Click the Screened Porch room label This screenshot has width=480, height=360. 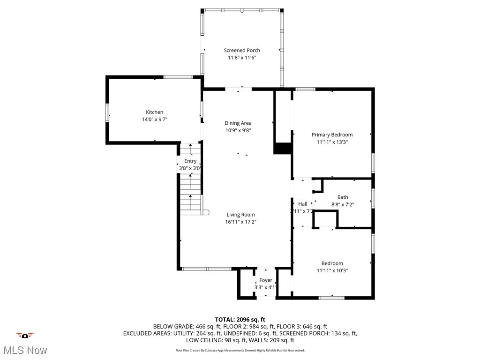pyautogui.click(x=242, y=50)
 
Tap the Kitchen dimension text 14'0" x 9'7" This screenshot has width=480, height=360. pyautogui.click(x=154, y=120)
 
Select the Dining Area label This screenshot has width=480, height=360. pyautogui.click(x=238, y=123)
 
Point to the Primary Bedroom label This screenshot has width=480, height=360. pyautogui.click(x=332, y=135)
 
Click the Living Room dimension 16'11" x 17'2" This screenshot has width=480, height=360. pyautogui.click(x=241, y=222)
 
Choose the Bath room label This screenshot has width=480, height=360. pyautogui.click(x=343, y=197)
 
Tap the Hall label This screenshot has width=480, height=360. pyautogui.click(x=303, y=204)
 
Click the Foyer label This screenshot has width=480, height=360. pyautogui.click(x=266, y=280)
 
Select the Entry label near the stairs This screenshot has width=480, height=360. pyautogui.click(x=190, y=161)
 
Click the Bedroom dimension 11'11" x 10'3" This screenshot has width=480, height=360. pyautogui.click(x=332, y=270)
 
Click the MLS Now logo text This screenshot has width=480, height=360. pyautogui.click(x=25, y=350)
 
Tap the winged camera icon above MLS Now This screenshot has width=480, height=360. pyautogui.click(x=25, y=335)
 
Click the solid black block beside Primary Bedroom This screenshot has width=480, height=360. pyautogui.click(x=283, y=148)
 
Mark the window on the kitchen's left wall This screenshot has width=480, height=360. pyautogui.click(x=107, y=112)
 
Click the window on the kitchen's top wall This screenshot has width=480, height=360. pyautogui.click(x=178, y=77)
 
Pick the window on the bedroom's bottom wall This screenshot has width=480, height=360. pyautogui.click(x=332, y=297)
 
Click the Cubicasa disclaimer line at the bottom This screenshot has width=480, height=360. pyautogui.click(x=240, y=350)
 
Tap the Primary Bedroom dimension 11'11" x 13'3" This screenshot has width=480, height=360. pyautogui.click(x=332, y=142)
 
